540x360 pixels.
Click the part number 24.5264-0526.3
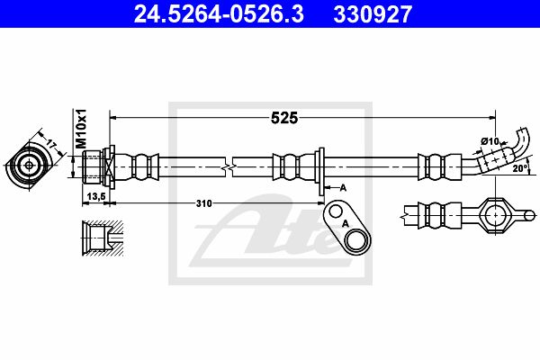tap(219, 14)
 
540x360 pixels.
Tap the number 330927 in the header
tap(373, 14)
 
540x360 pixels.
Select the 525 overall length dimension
tap(284, 118)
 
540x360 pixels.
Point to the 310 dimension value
tap(204, 203)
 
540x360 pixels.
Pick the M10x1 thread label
tap(81, 129)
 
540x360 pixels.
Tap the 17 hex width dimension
tap(51, 144)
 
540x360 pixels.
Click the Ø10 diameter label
tap(490, 141)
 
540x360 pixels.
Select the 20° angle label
tap(520, 168)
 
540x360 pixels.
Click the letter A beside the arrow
tap(343, 188)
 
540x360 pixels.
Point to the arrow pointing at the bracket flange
tap(331, 188)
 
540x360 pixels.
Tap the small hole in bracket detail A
tap(335, 211)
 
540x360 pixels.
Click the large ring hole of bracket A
tap(356, 240)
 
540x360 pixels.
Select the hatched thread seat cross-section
tap(103, 238)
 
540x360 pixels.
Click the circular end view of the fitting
tap(29, 166)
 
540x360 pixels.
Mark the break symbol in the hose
tap(229, 167)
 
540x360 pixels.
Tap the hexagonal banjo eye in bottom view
tap(495, 216)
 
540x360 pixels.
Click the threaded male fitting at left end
tap(93, 167)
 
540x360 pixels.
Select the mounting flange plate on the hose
tap(321, 172)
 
